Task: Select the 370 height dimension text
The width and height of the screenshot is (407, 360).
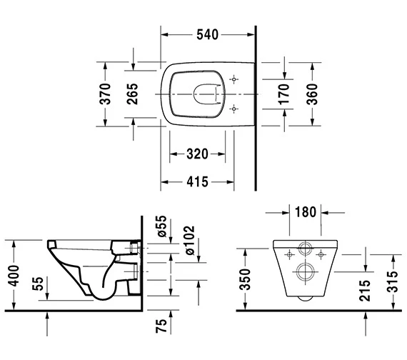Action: [105, 94]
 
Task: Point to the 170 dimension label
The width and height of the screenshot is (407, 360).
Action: [283, 94]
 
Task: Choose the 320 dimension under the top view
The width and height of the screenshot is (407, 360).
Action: [198, 154]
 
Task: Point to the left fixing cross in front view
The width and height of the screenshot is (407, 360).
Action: [290, 253]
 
